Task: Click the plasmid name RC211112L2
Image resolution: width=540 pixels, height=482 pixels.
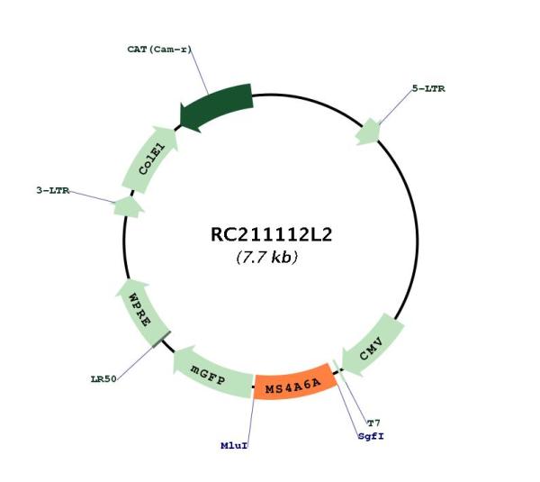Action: tap(271, 235)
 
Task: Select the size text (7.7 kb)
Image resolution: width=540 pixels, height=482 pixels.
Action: tap(267, 257)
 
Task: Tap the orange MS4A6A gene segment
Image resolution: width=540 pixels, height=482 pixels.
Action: tap(294, 382)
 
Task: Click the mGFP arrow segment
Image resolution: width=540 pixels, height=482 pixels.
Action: tap(211, 374)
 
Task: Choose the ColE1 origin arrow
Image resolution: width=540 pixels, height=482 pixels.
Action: tap(150, 159)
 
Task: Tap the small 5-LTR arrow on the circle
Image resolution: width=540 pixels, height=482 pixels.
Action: tap(368, 132)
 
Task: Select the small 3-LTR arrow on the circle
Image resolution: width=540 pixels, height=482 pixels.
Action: tap(128, 207)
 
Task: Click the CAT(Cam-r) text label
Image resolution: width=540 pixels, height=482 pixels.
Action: tap(159, 50)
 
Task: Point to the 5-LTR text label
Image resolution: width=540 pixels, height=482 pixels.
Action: tap(428, 88)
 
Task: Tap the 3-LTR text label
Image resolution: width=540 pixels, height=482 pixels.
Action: tap(53, 190)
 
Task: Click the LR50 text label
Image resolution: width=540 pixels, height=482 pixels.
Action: tap(103, 379)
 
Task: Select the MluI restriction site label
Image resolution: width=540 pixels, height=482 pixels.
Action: tap(234, 445)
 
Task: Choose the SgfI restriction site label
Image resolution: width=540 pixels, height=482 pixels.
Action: tap(371, 436)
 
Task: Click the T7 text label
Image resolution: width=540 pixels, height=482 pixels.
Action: tap(373, 423)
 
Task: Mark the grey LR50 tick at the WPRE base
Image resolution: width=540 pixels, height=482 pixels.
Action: tap(161, 339)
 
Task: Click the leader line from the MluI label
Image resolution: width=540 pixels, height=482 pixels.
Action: tap(250, 420)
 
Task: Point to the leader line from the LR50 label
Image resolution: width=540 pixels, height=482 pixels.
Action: tap(135, 362)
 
